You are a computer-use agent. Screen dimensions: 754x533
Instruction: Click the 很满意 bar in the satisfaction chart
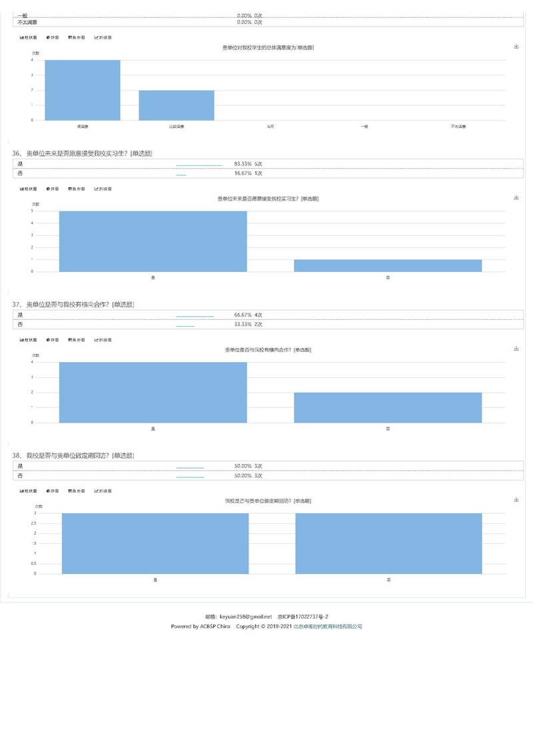pos(83,90)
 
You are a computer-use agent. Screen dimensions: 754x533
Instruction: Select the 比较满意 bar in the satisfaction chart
pos(177,105)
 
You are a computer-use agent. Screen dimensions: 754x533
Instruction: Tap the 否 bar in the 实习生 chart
pos(388,265)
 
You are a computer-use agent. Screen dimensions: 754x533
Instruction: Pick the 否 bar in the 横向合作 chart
pos(388,407)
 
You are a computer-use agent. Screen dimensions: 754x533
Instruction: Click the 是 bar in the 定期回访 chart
pos(155,543)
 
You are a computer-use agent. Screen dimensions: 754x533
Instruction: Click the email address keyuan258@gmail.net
pos(246,617)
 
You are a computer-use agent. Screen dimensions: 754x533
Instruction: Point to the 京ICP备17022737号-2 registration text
pos(303,617)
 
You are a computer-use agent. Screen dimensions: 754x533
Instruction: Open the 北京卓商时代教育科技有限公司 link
pos(328,627)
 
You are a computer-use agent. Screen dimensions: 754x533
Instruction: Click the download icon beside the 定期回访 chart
pos(516,499)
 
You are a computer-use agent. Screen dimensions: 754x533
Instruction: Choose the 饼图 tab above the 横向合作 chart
pos(53,340)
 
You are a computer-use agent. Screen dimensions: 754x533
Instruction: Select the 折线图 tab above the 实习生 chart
pos(103,189)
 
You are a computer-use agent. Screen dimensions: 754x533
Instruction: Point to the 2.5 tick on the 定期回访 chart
pos(34,523)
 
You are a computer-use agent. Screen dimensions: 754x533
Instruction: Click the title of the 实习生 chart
pos(268,199)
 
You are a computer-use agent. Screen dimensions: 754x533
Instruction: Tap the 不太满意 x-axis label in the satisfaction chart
pos(458,126)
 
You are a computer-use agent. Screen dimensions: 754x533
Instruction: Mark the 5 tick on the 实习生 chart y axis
pos(33,211)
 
